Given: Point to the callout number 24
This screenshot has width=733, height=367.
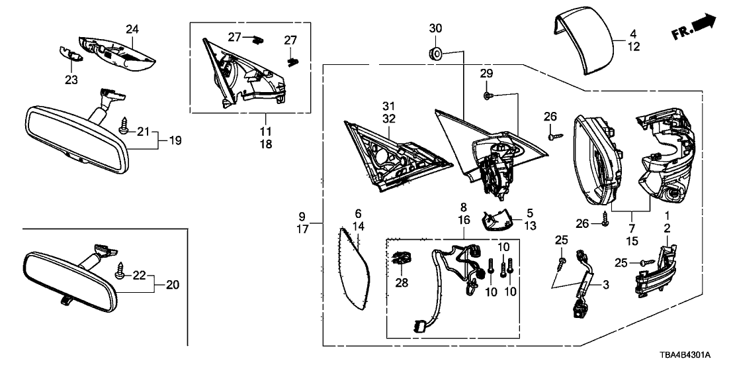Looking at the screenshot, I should [x=133, y=28].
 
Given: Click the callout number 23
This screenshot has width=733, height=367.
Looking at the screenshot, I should [x=71, y=79].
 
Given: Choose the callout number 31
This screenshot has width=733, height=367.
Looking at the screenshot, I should [x=388, y=106].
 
